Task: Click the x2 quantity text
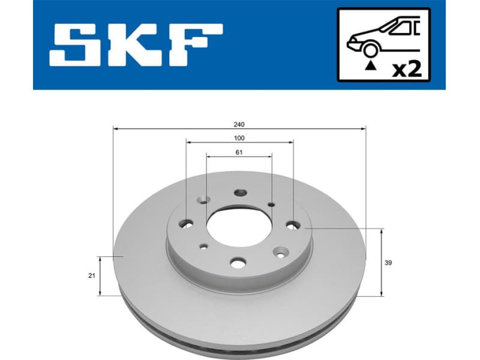pyautogui.click(x=407, y=69)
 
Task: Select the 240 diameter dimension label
pyautogui.click(x=239, y=124)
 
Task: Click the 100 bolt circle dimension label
pyautogui.click(x=239, y=138)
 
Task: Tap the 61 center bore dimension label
pyautogui.click(x=239, y=152)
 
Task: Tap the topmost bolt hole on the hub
pyautogui.click(x=240, y=193)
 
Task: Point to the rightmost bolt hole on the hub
pyautogui.click(x=293, y=225)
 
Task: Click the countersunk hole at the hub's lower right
pyautogui.click(x=280, y=252)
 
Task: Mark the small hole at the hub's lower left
pyautogui.click(x=204, y=246)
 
